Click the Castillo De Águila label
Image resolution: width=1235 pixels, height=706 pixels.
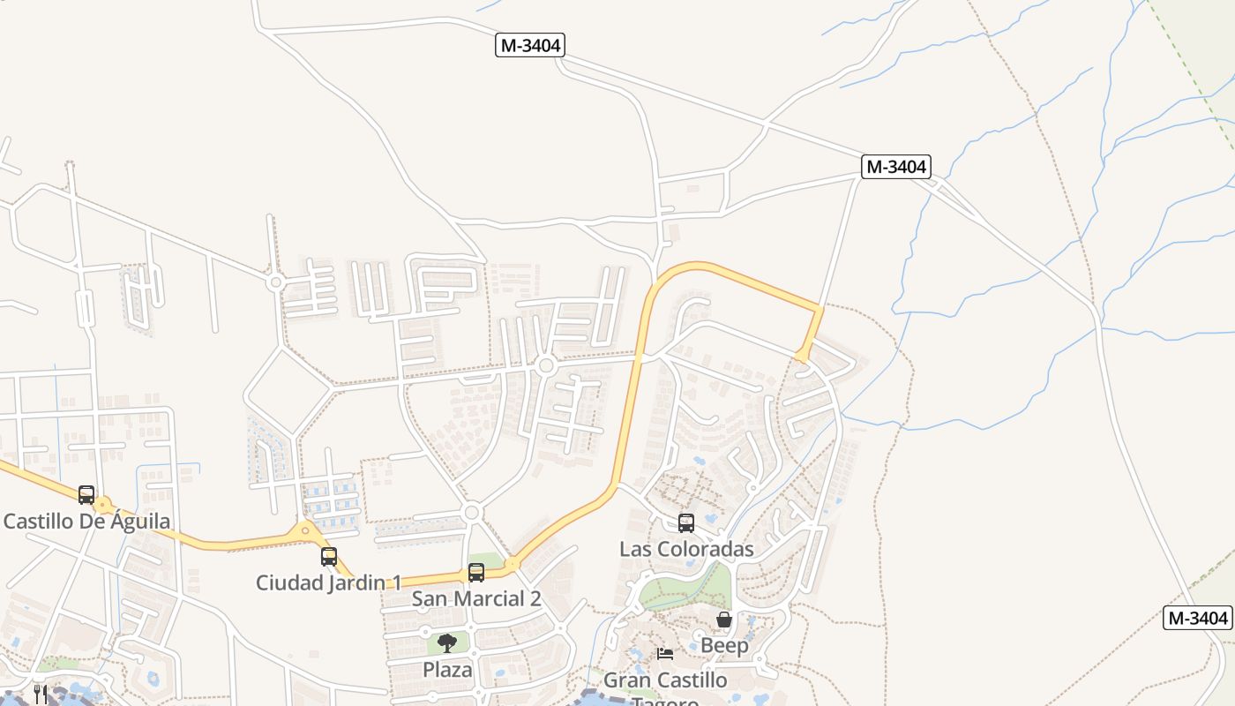(x=86, y=521)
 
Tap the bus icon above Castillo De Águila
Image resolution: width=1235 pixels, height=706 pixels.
(x=86, y=494)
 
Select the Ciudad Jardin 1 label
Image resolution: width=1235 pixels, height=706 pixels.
(x=328, y=582)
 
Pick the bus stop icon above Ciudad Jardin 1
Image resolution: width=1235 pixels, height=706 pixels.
(x=329, y=557)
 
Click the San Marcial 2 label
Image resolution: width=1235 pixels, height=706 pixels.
(x=476, y=598)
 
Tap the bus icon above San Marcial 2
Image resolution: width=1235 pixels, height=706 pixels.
(x=476, y=572)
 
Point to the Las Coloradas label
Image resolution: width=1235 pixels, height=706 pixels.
(x=686, y=549)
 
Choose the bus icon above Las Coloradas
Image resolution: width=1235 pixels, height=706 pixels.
(x=686, y=522)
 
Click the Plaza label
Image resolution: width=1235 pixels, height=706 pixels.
(x=447, y=670)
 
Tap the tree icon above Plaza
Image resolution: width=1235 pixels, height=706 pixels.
(x=447, y=642)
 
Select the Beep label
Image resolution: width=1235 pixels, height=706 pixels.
(x=724, y=645)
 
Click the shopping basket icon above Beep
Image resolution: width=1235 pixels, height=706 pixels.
(x=724, y=620)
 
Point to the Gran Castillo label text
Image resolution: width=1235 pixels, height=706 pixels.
(x=665, y=680)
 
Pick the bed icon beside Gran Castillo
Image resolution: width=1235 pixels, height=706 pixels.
(x=665, y=654)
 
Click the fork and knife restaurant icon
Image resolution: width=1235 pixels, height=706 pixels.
(x=40, y=694)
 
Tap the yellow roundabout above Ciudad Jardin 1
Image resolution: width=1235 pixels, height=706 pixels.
(x=306, y=531)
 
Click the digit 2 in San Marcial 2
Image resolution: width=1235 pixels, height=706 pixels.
(x=535, y=598)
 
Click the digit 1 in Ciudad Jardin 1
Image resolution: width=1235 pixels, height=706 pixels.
(x=396, y=582)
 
